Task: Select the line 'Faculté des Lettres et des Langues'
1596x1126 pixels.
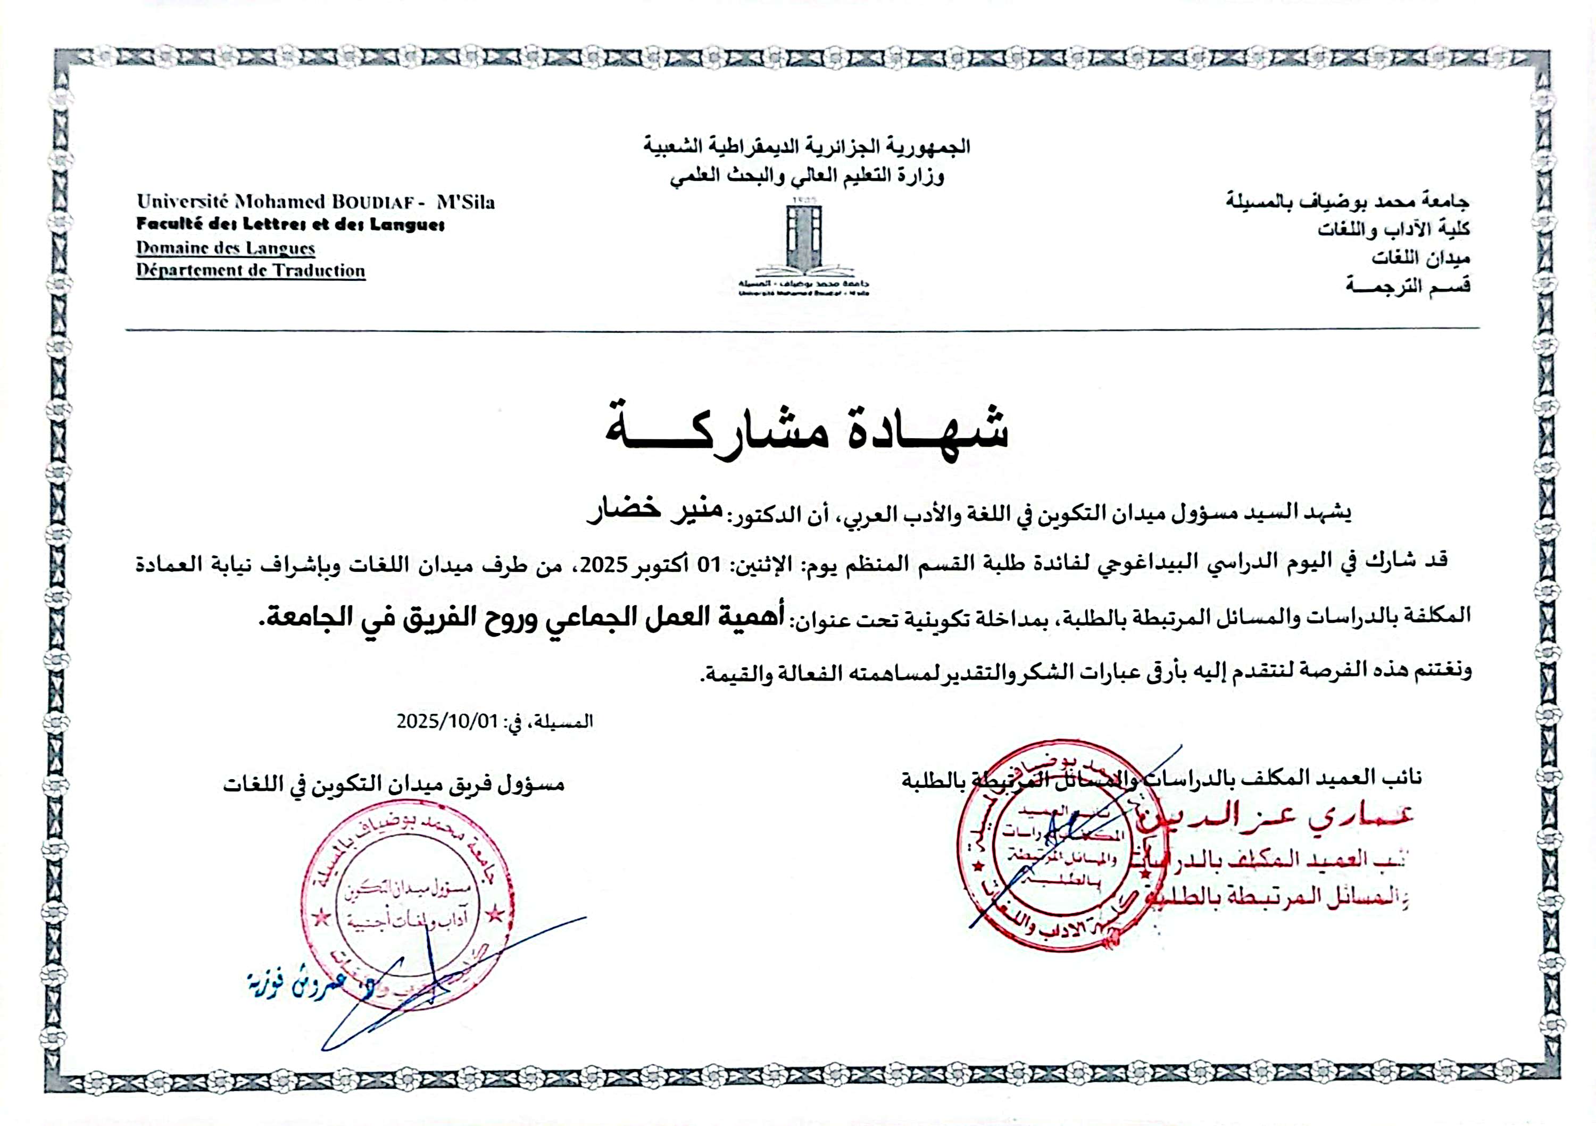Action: [290, 224]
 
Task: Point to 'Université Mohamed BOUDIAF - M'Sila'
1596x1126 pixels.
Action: [315, 202]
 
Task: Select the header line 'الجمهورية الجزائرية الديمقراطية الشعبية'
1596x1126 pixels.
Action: [807, 147]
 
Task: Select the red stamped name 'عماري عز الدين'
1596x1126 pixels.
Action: [1279, 818]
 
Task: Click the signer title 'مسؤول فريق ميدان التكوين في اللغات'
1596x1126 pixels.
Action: [394, 784]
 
